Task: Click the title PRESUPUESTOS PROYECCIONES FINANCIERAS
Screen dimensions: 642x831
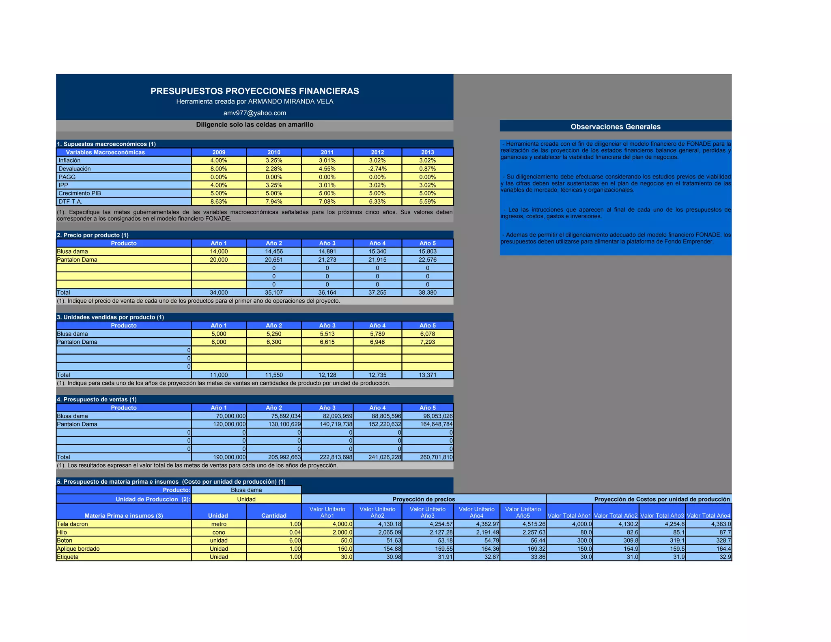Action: click(254, 91)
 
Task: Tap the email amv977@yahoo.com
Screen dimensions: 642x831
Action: click(254, 113)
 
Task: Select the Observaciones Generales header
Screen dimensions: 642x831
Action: click(615, 127)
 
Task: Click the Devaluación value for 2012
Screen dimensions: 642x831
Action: click(377, 169)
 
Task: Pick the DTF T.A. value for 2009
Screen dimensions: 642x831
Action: click(219, 202)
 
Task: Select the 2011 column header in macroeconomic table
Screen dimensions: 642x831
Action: click(327, 152)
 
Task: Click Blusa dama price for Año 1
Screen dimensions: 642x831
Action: click(219, 252)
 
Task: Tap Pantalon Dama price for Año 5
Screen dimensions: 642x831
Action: click(427, 260)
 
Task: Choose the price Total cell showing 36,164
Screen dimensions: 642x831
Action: click(327, 293)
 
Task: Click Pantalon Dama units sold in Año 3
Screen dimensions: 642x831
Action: click(327, 342)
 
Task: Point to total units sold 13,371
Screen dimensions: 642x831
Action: click(427, 375)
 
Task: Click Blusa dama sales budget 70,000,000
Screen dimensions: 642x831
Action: click(219, 416)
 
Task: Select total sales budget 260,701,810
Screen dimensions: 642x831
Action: click(427, 457)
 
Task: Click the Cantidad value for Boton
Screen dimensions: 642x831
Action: click(274, 541)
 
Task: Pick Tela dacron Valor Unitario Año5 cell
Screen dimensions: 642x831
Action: click(523, 524)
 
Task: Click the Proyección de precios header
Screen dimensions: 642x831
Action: click(424, 499)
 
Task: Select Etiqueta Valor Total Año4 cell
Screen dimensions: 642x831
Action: click(708, 557)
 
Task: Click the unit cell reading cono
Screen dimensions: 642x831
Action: click(219, 532)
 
